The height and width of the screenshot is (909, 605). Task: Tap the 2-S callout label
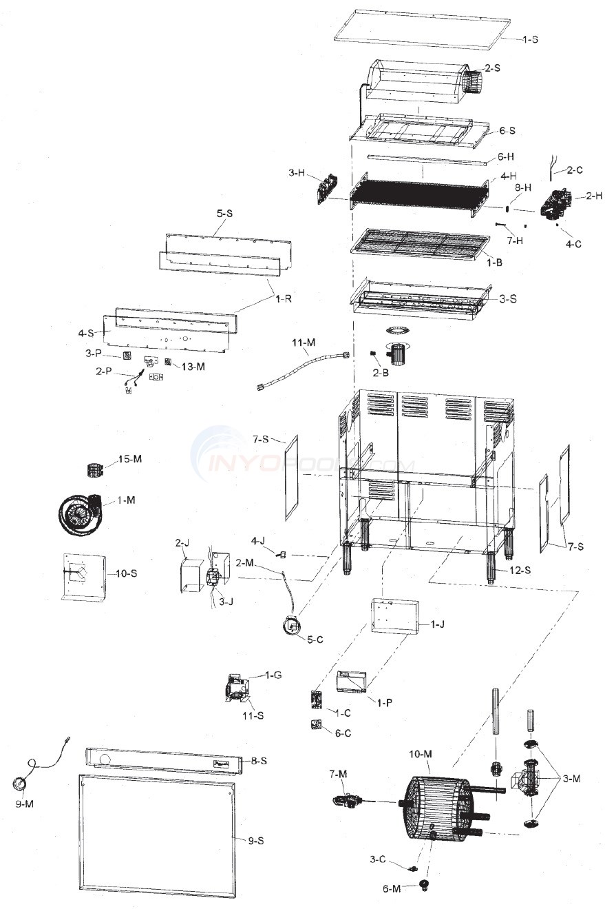(x=491, y=68)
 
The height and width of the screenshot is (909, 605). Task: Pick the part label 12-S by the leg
(x=520, y=570)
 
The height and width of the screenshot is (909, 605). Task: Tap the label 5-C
(x=315, y=640)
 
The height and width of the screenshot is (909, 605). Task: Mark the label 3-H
(x=297, y=173)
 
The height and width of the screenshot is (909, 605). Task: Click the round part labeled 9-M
(x=19, y=784)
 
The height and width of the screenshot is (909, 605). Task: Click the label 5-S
(x=225, y=214)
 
